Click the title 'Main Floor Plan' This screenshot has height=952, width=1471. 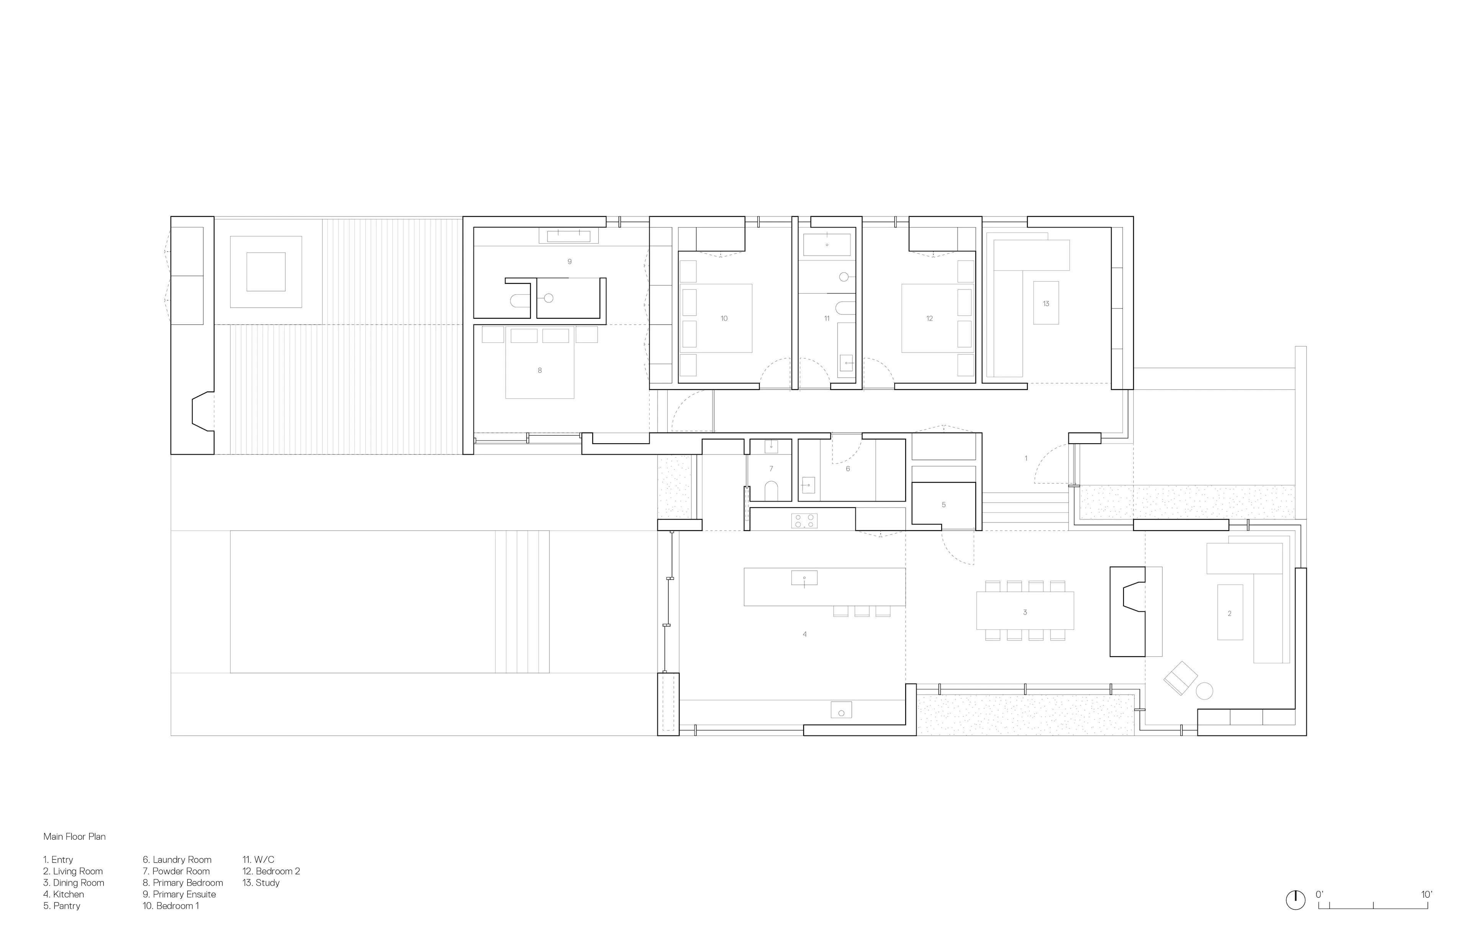point(74,836)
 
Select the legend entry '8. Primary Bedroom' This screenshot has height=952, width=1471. point(183,883)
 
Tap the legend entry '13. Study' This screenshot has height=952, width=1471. point(261,883)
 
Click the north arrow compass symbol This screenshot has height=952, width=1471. point(1296,918)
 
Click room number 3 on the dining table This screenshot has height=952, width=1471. point(1025,613)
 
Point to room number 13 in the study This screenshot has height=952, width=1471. point(1046,303)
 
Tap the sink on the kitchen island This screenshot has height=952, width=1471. point(804,578)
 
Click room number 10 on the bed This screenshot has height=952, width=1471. point(724,318)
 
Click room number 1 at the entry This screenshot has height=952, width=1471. point(1026,458)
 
